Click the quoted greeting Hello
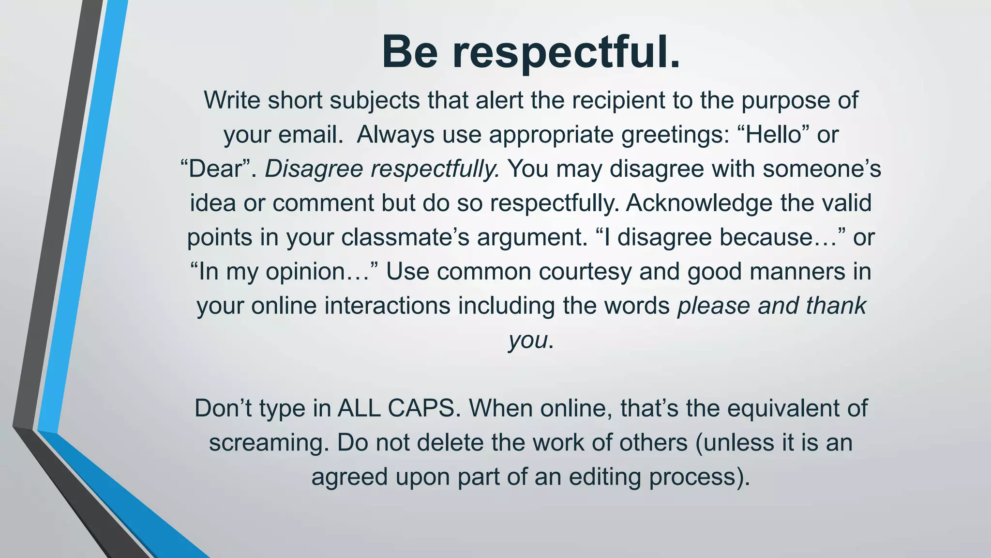point(773,134)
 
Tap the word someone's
point(827,169)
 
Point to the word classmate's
point(405,237)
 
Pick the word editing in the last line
point(604,477)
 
